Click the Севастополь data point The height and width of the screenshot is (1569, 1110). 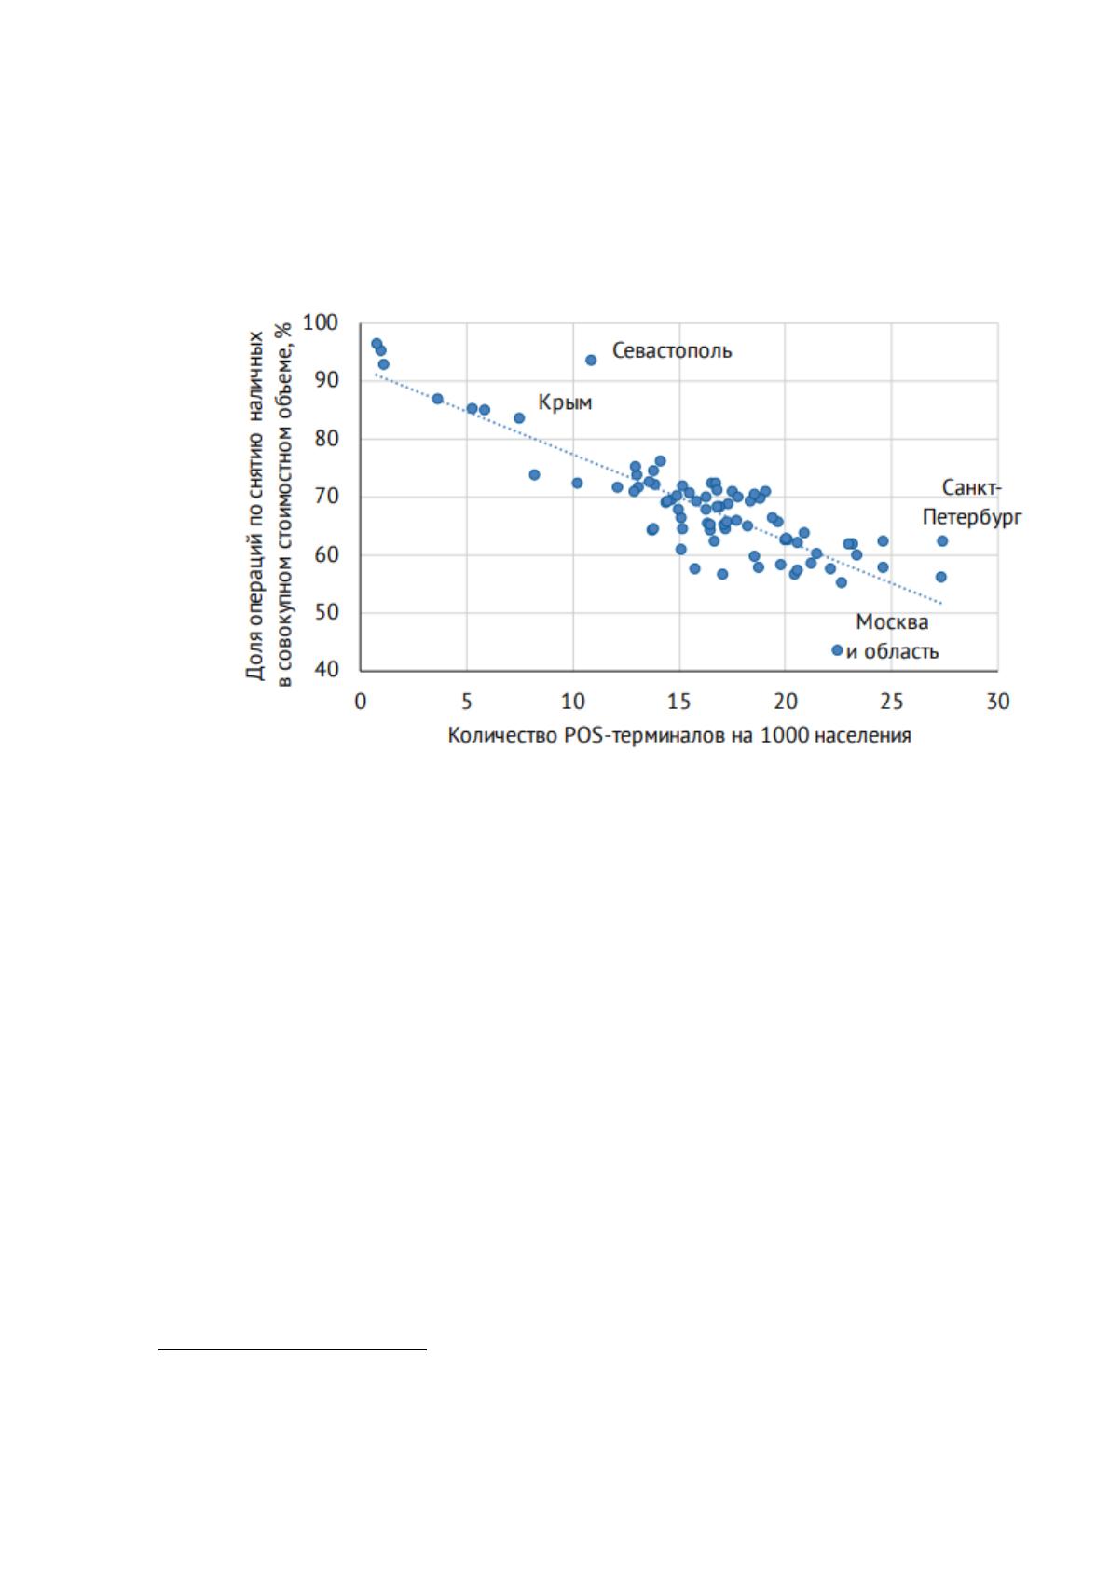pos(591,360)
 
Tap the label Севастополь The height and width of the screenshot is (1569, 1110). pos(672,350)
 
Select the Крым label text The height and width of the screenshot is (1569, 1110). pos(565,402)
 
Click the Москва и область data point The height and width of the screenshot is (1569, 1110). pos(837,650)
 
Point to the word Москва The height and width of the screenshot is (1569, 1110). pos(892,622)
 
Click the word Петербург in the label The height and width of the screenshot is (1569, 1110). pos(972,518)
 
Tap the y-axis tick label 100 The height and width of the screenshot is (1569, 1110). pos(321,323)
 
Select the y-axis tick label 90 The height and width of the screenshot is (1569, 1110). pos(326,380)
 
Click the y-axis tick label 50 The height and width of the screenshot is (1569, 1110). pos(326,613)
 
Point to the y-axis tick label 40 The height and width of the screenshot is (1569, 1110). pos(326,670)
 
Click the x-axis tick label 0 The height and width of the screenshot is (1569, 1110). pos(360,702)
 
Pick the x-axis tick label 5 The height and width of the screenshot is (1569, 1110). pos(467,702)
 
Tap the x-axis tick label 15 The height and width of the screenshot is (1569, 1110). pos(679,702)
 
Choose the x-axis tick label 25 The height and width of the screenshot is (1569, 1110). pos(891,702)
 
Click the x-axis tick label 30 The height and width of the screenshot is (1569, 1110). pos(998,702)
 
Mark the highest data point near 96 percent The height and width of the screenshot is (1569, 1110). pos(377,344)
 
